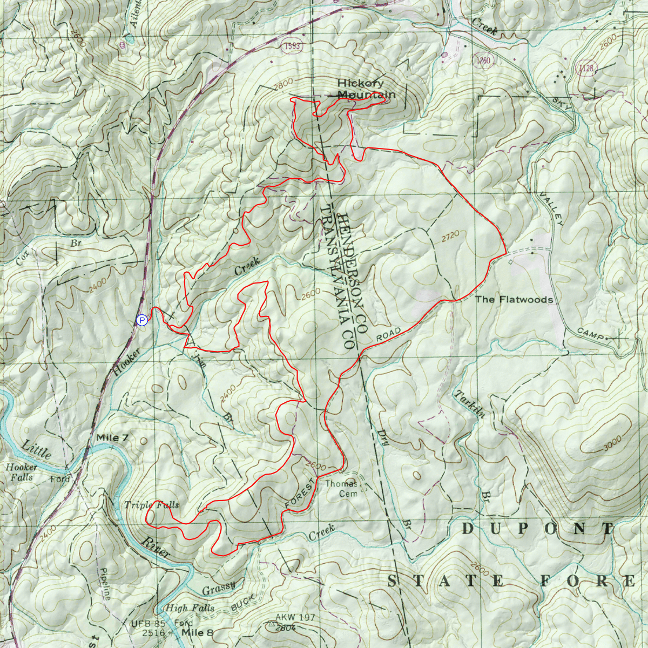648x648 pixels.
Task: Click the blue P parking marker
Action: tap(142, 321)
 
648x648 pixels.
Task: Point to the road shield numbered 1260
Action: tap(483, 60)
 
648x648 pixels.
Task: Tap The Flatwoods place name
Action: tap(514, 299)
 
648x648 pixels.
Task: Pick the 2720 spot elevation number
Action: tap(450, 235)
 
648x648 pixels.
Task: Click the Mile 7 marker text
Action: tap(112, 437)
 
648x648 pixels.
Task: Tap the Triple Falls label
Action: tap(151, 505)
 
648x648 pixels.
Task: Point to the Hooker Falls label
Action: tap(22, 472)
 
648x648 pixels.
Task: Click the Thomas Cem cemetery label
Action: tap(341, 488)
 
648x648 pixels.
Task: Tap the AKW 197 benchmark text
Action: tap(295, 617)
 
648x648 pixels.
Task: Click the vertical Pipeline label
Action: tap(105, 584)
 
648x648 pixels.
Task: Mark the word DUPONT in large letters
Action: tap(538, 529)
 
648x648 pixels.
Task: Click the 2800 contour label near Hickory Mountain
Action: tap(283, 82)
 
